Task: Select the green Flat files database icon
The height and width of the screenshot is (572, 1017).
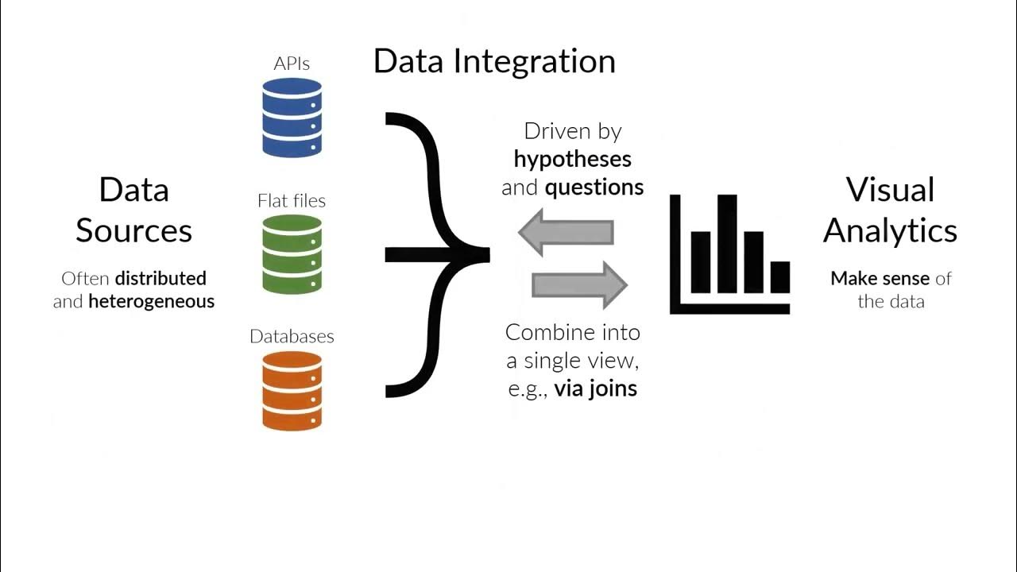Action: coord(292,254)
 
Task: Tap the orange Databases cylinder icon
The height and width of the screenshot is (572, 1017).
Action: coord(292,391)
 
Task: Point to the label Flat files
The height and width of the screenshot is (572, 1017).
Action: coord(292,201)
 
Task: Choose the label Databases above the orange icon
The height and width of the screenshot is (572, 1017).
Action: coord(292,336)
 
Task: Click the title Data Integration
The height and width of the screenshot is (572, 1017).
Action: coord(494,61)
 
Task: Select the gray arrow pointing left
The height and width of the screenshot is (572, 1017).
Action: coord(565,233)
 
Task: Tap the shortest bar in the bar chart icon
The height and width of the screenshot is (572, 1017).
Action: coord(780,276)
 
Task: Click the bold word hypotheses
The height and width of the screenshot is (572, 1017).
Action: coord(572,159)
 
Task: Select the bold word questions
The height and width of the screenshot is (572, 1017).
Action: coord(594,187)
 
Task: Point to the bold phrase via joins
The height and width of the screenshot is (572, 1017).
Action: coord(596,388)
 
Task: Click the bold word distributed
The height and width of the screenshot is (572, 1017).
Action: coord(160,278)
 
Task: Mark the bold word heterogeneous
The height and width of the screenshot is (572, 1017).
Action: coord(151,302)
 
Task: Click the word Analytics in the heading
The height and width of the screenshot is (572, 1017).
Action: coord(890,231)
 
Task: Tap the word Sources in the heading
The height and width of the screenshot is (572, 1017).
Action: coord(133,231)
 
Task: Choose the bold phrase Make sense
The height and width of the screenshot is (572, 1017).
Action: coord(880,278)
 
